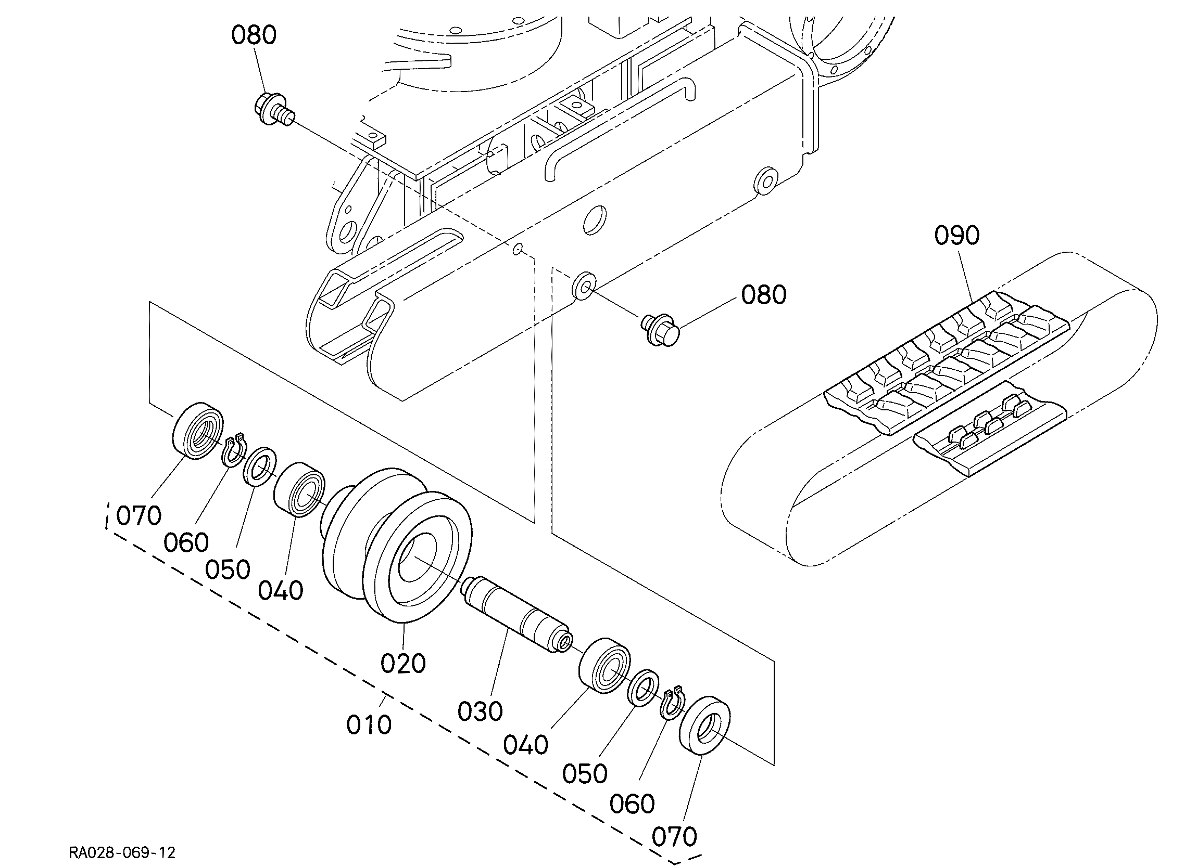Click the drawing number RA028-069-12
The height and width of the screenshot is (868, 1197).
(122, 852)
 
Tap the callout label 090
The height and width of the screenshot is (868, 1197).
(957, 235)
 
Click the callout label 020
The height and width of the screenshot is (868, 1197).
(403, 664)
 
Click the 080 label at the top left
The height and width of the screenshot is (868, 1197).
(254, 35)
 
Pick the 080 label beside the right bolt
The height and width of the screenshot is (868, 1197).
(764, 295)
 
